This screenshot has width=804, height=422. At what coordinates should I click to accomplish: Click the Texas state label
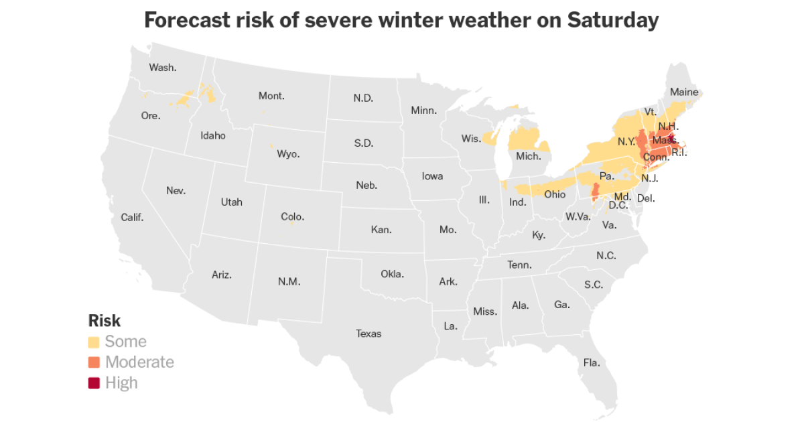(368, 333)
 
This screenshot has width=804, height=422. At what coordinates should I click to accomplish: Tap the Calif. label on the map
(132, 217)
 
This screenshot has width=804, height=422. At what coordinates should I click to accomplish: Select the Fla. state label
(592, 363)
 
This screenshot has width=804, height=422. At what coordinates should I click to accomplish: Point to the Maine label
(684, 92)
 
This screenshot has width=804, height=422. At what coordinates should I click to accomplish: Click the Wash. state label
(162, 67)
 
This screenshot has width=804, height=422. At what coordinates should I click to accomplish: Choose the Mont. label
(271, 96)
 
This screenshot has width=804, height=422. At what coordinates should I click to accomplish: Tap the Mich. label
(528, 155)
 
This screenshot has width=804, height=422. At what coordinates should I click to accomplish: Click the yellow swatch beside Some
(94, 342)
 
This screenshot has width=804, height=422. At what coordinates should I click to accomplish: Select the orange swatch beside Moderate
(94, 362)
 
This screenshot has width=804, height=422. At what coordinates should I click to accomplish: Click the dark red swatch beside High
(94, 383)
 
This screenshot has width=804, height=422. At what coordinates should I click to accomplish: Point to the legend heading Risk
(105, 320)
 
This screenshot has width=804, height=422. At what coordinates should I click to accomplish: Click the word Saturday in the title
(613, 20)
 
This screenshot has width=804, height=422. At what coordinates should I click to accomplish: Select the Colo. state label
(292, 217)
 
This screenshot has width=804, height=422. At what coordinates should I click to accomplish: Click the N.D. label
(363, 98)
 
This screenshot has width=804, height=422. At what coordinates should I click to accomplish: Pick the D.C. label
(618, 205)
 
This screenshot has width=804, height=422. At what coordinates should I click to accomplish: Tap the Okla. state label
(392, 273)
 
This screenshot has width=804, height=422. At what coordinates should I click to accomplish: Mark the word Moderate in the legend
(139, 362)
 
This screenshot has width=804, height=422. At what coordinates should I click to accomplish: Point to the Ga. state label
(562, 305)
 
